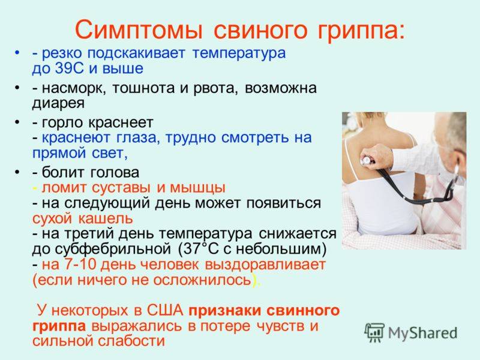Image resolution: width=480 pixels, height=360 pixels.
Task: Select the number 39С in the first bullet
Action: coord(69,68)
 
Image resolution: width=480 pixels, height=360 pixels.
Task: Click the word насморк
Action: coord(73,88)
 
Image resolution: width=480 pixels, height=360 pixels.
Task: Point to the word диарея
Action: coord(58,103)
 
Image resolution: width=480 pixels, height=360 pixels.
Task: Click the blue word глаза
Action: coord(138,138)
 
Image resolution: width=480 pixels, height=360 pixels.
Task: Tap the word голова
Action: coord(115,172)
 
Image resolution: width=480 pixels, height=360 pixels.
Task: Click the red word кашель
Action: coord(106,218)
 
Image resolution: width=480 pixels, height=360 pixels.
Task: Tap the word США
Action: coord(165,310)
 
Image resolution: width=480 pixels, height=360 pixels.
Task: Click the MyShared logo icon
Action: coord(374,332)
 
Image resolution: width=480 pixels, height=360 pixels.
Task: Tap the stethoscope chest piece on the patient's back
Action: coord(367,160)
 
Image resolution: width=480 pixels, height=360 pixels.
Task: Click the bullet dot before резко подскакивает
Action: coord(17,53)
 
